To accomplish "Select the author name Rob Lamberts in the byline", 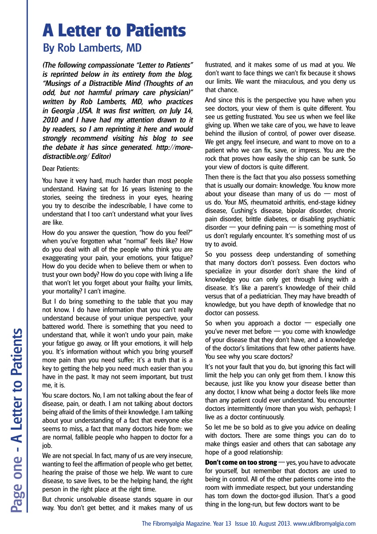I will point(92,48).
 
